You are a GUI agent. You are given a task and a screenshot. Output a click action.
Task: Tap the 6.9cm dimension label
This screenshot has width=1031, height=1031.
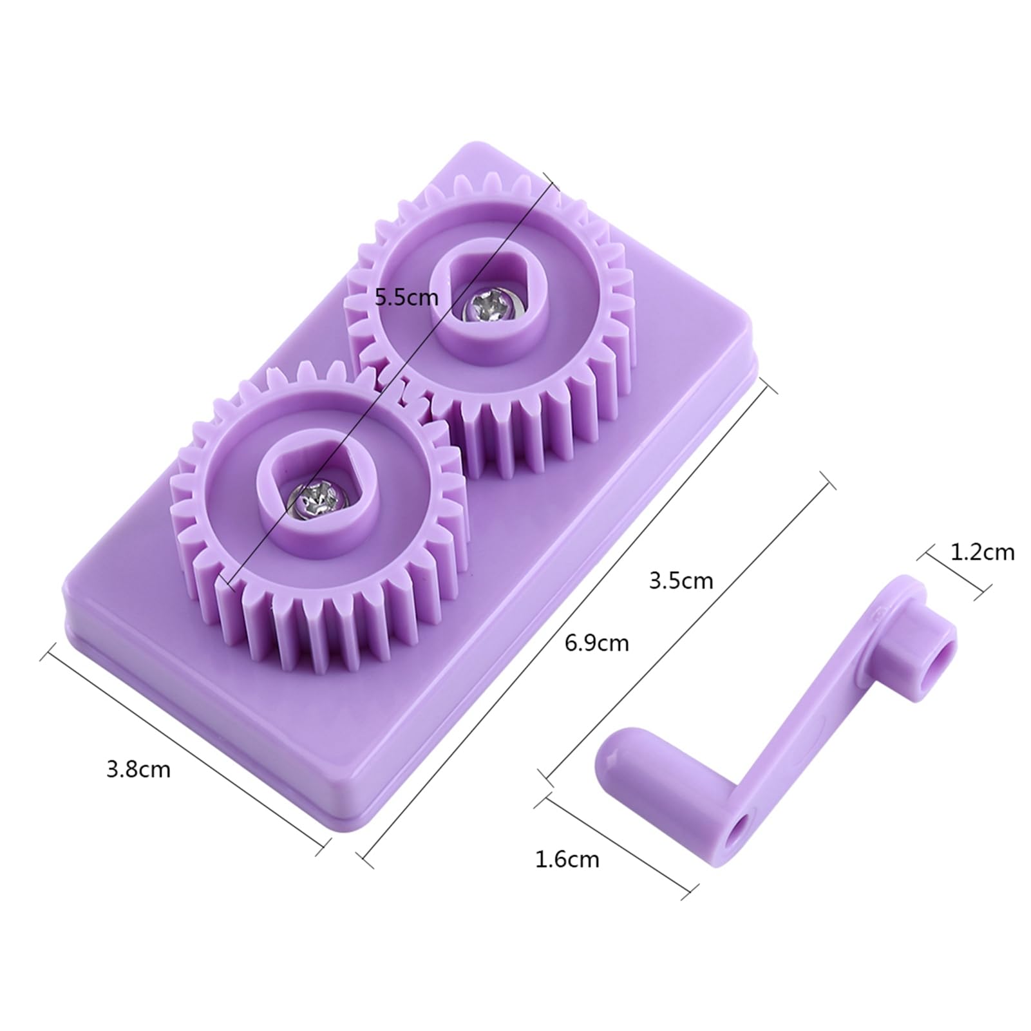point(596,643)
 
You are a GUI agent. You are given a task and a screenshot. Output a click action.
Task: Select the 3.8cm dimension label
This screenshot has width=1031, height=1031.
point(138,770)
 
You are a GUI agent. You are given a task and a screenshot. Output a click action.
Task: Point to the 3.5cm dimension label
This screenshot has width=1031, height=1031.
point(681,581)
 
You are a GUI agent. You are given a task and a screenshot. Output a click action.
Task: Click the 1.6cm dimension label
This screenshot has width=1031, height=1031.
point(567,859)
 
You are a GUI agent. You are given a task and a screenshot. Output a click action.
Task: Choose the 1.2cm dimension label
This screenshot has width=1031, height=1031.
point(982,552)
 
